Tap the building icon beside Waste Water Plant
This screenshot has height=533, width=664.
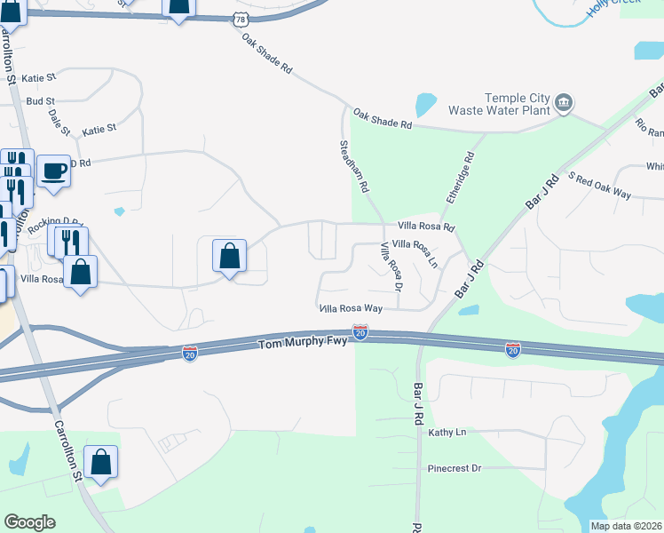click(563, 105)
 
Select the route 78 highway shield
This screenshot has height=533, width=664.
click(241, 19)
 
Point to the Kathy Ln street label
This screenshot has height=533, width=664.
click(447, 433)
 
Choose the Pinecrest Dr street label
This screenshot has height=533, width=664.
click(454, 468)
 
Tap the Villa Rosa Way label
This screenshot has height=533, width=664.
click(351, 308)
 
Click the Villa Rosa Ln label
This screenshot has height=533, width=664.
click(415, 252)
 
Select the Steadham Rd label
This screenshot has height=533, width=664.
click(352, 166)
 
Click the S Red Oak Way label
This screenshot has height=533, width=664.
click(599, 187)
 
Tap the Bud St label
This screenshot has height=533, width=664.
click(41, 101)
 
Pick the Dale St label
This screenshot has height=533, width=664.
click(59, 122)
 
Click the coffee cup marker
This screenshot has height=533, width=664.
click(53, 170)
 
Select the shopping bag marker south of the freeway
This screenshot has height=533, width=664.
click(100, 461)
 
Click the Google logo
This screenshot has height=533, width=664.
click(29, 522)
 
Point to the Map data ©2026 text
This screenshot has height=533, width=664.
click(626, 526)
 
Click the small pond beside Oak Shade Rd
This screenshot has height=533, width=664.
click(425, 105)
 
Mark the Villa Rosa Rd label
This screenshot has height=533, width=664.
click(426, 227)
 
